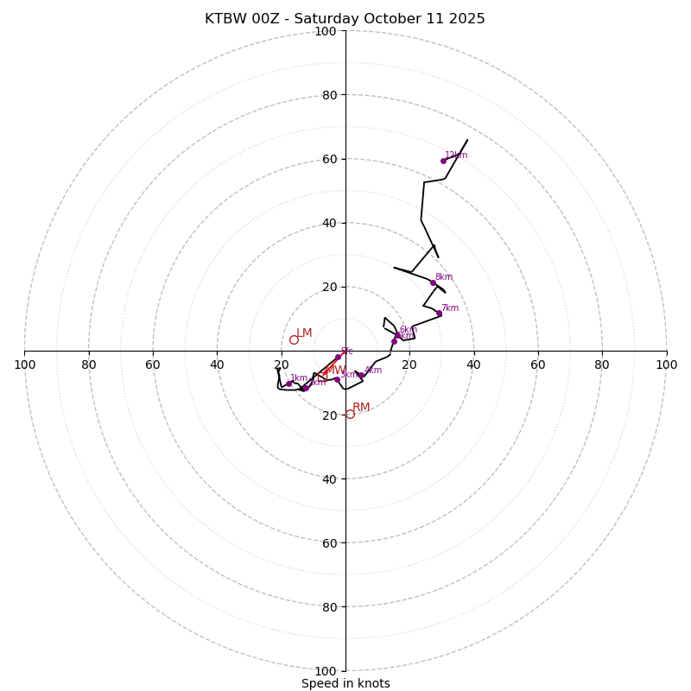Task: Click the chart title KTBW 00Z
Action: (x=345, y=19)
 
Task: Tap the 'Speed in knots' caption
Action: (x=345, y=683)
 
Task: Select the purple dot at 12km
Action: (x=443, y=161)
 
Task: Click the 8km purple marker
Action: (x=434, y=282)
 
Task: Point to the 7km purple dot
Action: (x=439, y=314)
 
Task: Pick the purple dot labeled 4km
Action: (x=360, y=375)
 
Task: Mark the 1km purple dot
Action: (x=289, y=384)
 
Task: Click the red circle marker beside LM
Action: (x=294, y=339)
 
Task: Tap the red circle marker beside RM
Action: (x=350, y=414)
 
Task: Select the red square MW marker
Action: (x=322, y=377)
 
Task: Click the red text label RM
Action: (x=361, y=408)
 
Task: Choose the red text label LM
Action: (x=304, y=333)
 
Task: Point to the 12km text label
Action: (x=456, y=155)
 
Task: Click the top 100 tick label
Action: (x=326, y=31)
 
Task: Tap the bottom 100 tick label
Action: (x=326, y=670)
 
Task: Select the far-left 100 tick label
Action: (x=24, y=365)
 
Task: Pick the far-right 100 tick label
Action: (x=666, y=365)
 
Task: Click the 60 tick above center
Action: (x=329, y=159)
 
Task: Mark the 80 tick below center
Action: (x=329, y=606)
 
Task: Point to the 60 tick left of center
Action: (x=153, y=365)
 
